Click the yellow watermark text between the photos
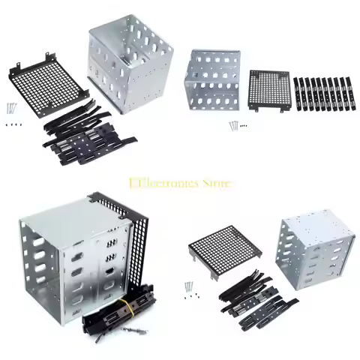pos(181,182)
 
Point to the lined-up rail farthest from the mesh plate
pos(350,94)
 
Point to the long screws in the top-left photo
pos(13,109)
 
